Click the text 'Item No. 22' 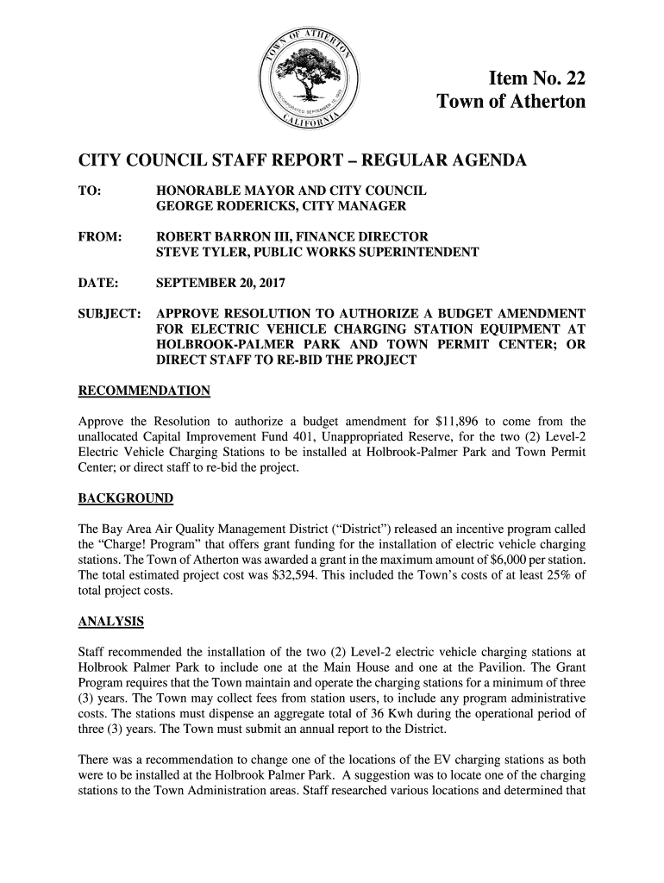coord(536,79)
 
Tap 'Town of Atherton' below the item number coord(511,103)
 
